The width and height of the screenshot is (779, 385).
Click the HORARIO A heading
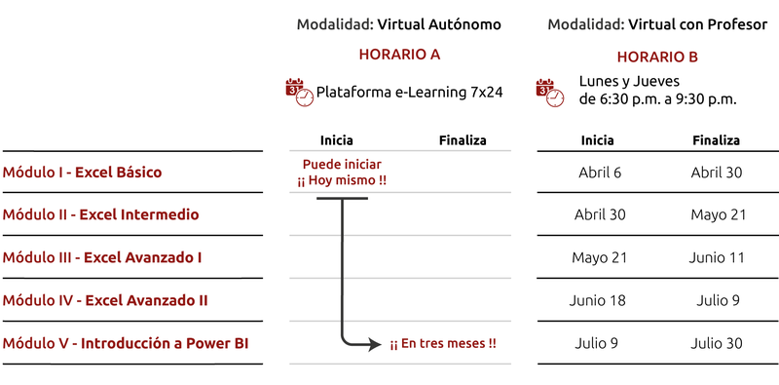[399, 55]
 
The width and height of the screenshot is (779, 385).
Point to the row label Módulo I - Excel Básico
[82, 173]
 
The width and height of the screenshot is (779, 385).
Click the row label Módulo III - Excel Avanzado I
[102, 257]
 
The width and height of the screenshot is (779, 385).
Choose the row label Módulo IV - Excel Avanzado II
[105, 300]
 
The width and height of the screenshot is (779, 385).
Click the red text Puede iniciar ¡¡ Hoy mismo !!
[342, 173]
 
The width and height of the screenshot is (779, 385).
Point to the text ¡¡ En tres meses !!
[443, 344]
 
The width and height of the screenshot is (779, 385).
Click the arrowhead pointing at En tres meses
[376, 344]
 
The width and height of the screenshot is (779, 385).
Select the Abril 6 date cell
[600, 173]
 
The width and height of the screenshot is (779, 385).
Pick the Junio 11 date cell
[716, 257]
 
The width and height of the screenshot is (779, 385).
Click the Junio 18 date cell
[598, 300]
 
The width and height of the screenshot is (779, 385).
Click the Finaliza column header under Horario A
[463, 140]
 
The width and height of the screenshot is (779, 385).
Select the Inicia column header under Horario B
[598, 140]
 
